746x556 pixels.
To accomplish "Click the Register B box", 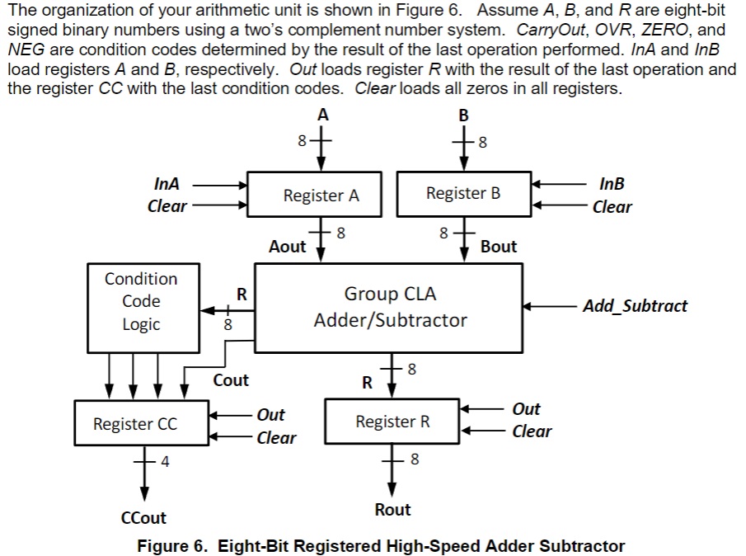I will [x=463, y=193].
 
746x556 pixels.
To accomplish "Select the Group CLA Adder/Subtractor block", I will [x=389, y=307].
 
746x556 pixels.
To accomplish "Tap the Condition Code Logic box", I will [x=141, y=302].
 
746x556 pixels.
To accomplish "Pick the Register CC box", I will [x=135, y=424].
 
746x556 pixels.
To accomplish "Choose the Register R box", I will [x=392, y=422].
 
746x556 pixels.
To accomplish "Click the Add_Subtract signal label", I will [x=635, y=306].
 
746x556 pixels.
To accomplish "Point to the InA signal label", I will [x=167, y=184].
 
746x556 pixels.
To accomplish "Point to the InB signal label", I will [x=612, y=184].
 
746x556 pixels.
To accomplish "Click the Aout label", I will [x=287, y=246].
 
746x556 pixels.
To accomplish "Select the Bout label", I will [x=498, y=246].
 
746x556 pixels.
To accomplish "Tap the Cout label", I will [x=231, y=380].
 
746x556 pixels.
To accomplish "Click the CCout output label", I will [x=143, y=518].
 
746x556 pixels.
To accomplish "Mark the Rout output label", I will [x=392, y=510].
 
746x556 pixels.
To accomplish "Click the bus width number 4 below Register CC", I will [x=165, y=461].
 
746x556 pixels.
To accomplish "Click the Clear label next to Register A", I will [x=167, y=206].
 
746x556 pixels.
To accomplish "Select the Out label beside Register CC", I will [x=270, y=414].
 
